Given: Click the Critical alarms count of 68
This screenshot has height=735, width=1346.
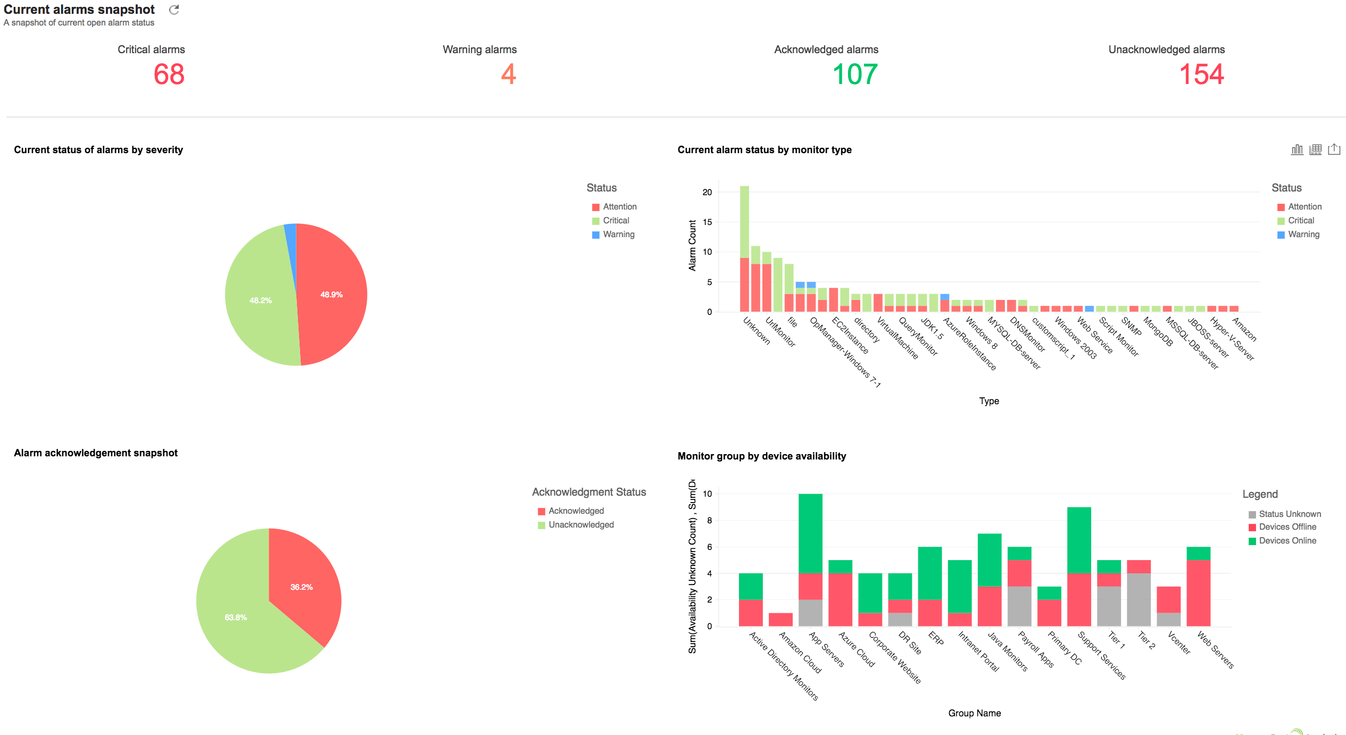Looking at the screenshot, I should click(169, 74).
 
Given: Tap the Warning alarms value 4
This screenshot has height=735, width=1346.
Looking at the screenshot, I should click(508, 74).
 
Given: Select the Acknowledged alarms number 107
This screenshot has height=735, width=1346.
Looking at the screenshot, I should click(854, 74).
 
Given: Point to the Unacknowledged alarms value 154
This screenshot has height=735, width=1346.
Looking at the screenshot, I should click(1201, 74).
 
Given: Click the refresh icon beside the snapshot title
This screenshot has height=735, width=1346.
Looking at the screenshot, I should click(174, 10).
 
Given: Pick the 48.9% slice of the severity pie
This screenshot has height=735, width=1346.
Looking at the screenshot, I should click(331, 294).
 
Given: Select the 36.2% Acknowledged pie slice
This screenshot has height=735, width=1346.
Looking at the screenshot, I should click(301, 587).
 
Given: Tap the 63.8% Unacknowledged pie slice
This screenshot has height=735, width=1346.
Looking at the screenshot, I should click(236, 617).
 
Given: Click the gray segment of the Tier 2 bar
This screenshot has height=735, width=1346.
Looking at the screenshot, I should click(1139, 599).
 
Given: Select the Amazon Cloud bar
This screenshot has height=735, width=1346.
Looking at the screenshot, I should click(780, 620).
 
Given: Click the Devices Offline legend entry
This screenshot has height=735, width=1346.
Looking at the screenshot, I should click(1287, 527).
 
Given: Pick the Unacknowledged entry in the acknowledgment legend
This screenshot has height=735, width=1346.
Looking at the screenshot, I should click(580, 524).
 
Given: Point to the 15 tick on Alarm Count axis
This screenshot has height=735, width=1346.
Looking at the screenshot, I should click(707, 222).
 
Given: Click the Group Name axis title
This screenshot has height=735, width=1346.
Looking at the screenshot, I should click(974, 713).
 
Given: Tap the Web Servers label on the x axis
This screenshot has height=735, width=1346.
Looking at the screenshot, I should click(1215, 649).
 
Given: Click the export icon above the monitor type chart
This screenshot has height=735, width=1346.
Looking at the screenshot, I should click(1334, 149).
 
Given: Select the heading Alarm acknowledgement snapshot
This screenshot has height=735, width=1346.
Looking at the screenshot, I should click(96, 453).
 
